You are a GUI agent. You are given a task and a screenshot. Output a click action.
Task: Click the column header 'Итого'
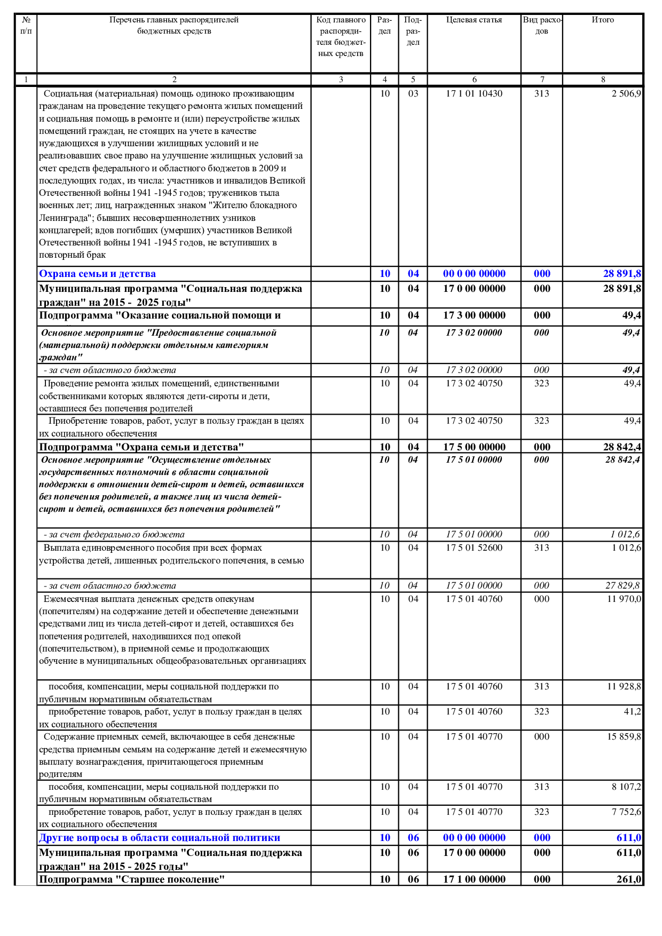coord(603,20)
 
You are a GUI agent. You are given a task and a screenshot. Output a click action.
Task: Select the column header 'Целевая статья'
coord(474,20)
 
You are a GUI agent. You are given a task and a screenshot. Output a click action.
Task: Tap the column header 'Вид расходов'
coord(542,26)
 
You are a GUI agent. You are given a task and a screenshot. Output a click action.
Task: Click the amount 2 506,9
coord(626,93)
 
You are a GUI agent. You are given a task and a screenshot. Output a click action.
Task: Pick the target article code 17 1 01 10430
coord(474,93)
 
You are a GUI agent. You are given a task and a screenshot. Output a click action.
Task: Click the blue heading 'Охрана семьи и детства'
coord(97,274)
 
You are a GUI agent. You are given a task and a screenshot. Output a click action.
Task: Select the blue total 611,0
coord(628,838)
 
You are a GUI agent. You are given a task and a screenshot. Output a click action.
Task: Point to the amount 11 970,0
coord(624,599)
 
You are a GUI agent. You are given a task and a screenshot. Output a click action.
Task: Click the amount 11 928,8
coord(624,686)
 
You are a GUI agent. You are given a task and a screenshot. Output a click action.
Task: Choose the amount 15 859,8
coord(624,736)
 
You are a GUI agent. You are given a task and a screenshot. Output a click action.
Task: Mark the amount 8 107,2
coord(626,787)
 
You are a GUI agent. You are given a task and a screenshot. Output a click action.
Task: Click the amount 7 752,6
coord(626,812)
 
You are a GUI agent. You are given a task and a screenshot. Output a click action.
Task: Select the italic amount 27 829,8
coord(622,585)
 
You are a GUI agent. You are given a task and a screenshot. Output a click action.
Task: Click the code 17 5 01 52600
coord(474,548)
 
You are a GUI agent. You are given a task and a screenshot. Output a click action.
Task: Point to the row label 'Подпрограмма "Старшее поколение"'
coord(131,879)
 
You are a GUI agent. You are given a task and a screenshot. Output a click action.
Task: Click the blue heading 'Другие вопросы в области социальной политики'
coord(159,838)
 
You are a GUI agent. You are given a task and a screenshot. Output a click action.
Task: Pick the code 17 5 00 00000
coord(474,447)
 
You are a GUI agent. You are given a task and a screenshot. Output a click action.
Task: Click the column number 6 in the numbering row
coord(474,80)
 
